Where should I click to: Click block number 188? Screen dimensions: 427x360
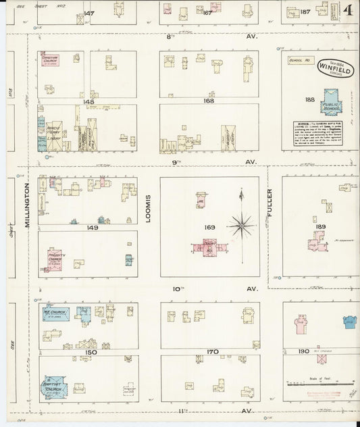pos(310,99)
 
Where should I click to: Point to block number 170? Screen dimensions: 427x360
pos(213,352)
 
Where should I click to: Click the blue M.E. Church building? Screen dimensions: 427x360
pos(54,314)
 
